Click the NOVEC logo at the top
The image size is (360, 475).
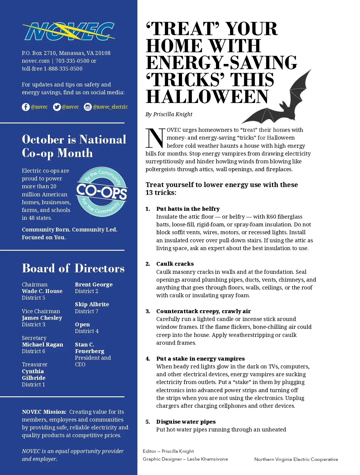pyautogui.click(x=69, y=31)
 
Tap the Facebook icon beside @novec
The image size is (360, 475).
pyautogui.click(x=26, y=107)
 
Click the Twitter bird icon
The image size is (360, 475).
pyautogui.click(x=57, y=107)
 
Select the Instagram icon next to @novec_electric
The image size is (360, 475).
pyautogui.click(x=88, y=107)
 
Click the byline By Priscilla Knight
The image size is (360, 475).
pyautogui.click(x=169, y=114)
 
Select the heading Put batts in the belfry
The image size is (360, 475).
pyautogui.click(x=188, y=209)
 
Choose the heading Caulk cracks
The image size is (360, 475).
pyautogui.click(x=175, y=264)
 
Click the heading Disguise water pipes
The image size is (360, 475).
pyautogui.click(x=186, y=422)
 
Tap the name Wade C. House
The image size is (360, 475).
pyautogui.click(x=42, y=291)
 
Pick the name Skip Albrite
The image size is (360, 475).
pyautogui.click(x=92, y=304)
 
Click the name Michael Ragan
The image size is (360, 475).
pyautogui.click(x=42, y=344)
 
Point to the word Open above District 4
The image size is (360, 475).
pyautogui.click(x=82, y=324)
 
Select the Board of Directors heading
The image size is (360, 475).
pyautogui.click(x=73, y=268)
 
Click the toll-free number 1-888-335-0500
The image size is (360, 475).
pyautogui.click(x=63, y=68)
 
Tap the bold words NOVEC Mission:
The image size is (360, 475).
pyautogui.click(x=44, y=412)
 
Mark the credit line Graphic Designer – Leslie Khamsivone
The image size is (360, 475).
pyautogui.click(x=185, y=459)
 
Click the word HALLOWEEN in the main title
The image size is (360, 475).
pyautogui.click(x=207, y=97)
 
